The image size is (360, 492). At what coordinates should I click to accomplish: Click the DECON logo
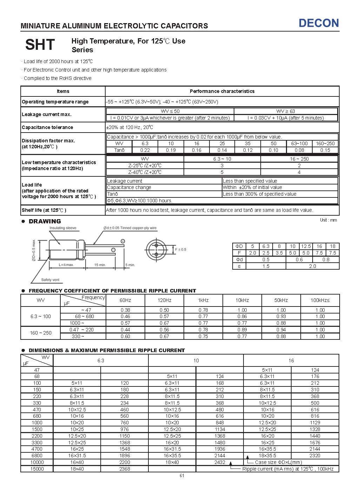[319, 23]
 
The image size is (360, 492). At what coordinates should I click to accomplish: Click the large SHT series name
[40, 45]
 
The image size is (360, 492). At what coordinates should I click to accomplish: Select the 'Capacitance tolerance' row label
[47, 127]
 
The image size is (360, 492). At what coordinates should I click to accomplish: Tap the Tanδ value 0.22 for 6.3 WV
[145, 150]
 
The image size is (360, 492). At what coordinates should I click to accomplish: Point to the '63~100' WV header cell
[299, 143]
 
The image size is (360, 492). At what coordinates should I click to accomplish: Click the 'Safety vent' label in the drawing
[51, 280]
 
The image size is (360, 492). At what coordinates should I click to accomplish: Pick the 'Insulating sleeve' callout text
[63, 228]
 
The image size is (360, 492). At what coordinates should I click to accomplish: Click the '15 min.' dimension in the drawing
[100, 265]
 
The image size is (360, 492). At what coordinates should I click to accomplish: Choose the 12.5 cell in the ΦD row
[306, 246]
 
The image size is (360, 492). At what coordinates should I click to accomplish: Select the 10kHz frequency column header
[242, 300]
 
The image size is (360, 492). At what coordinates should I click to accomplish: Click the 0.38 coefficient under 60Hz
[125, 310]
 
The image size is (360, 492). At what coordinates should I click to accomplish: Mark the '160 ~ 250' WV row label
[41, 333]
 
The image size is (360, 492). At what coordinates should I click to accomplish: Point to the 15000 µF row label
[37, 469]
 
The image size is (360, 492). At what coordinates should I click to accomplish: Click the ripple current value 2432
[220, 462]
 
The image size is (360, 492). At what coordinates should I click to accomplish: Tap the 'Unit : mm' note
[328, 220]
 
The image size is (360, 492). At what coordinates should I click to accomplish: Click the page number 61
[182, 476]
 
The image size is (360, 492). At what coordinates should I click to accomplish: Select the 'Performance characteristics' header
[222, 91]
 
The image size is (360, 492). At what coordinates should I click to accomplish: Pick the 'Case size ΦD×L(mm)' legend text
[278, 462]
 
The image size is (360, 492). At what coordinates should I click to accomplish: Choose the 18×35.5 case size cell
[267, 456]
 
